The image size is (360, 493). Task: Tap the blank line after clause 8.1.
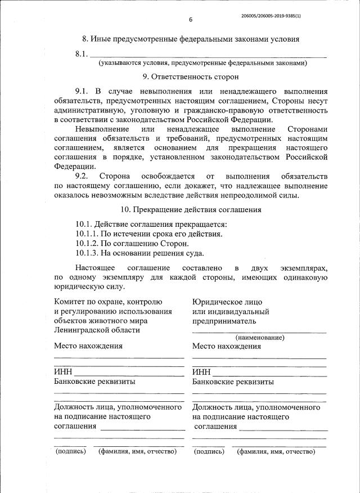208,55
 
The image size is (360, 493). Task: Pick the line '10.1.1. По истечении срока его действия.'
149,234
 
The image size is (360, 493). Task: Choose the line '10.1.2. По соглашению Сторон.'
132,244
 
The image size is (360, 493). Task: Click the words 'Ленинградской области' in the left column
97,330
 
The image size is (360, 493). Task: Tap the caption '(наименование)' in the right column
259,338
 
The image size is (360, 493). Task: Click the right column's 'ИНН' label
201,372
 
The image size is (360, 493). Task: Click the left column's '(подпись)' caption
70,451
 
